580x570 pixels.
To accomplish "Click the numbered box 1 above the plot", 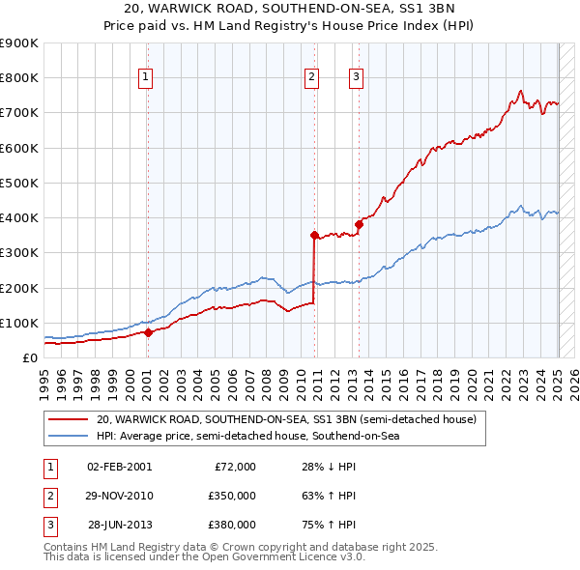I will point(145,78).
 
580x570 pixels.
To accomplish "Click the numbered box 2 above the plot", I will point(312,78).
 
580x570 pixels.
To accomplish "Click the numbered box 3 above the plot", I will point(356,78).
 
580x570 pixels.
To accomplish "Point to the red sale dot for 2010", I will point(314,235).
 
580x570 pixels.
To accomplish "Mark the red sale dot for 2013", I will point(359,224).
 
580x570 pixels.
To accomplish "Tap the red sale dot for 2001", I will point(148,332).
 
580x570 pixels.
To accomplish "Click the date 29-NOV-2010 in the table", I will point(119,496).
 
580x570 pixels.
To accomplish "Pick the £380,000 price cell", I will point(231,525).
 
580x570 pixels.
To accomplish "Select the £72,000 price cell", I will point(234,467).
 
